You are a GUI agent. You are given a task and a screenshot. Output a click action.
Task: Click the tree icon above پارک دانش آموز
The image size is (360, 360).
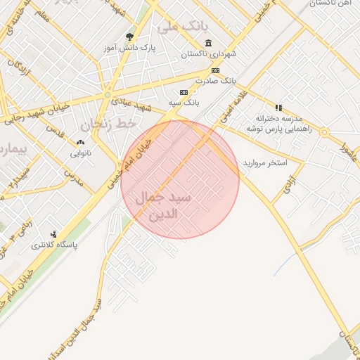(x=129, y=37)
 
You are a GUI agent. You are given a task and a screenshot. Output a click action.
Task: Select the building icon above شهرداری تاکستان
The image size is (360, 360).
(x=208, y=43)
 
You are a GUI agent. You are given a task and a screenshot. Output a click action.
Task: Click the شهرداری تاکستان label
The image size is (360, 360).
(x=209, y=53)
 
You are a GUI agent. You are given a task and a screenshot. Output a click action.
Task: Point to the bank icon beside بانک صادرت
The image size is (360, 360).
(x=215, y=70)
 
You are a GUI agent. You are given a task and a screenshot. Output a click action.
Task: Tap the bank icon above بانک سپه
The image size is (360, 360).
(x=184, y=92)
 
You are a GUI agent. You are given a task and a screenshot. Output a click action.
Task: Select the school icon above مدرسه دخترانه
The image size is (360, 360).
(x=278, y=108)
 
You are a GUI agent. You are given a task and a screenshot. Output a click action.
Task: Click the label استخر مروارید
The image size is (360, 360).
(x=266, y=162)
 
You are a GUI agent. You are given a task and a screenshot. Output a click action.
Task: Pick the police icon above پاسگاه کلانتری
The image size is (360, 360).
(x=54, y=234)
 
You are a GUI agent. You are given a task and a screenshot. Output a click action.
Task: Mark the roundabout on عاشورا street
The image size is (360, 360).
(x=324, y=132)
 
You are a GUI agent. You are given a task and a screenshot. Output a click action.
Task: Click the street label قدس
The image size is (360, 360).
(x=55, y=131)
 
